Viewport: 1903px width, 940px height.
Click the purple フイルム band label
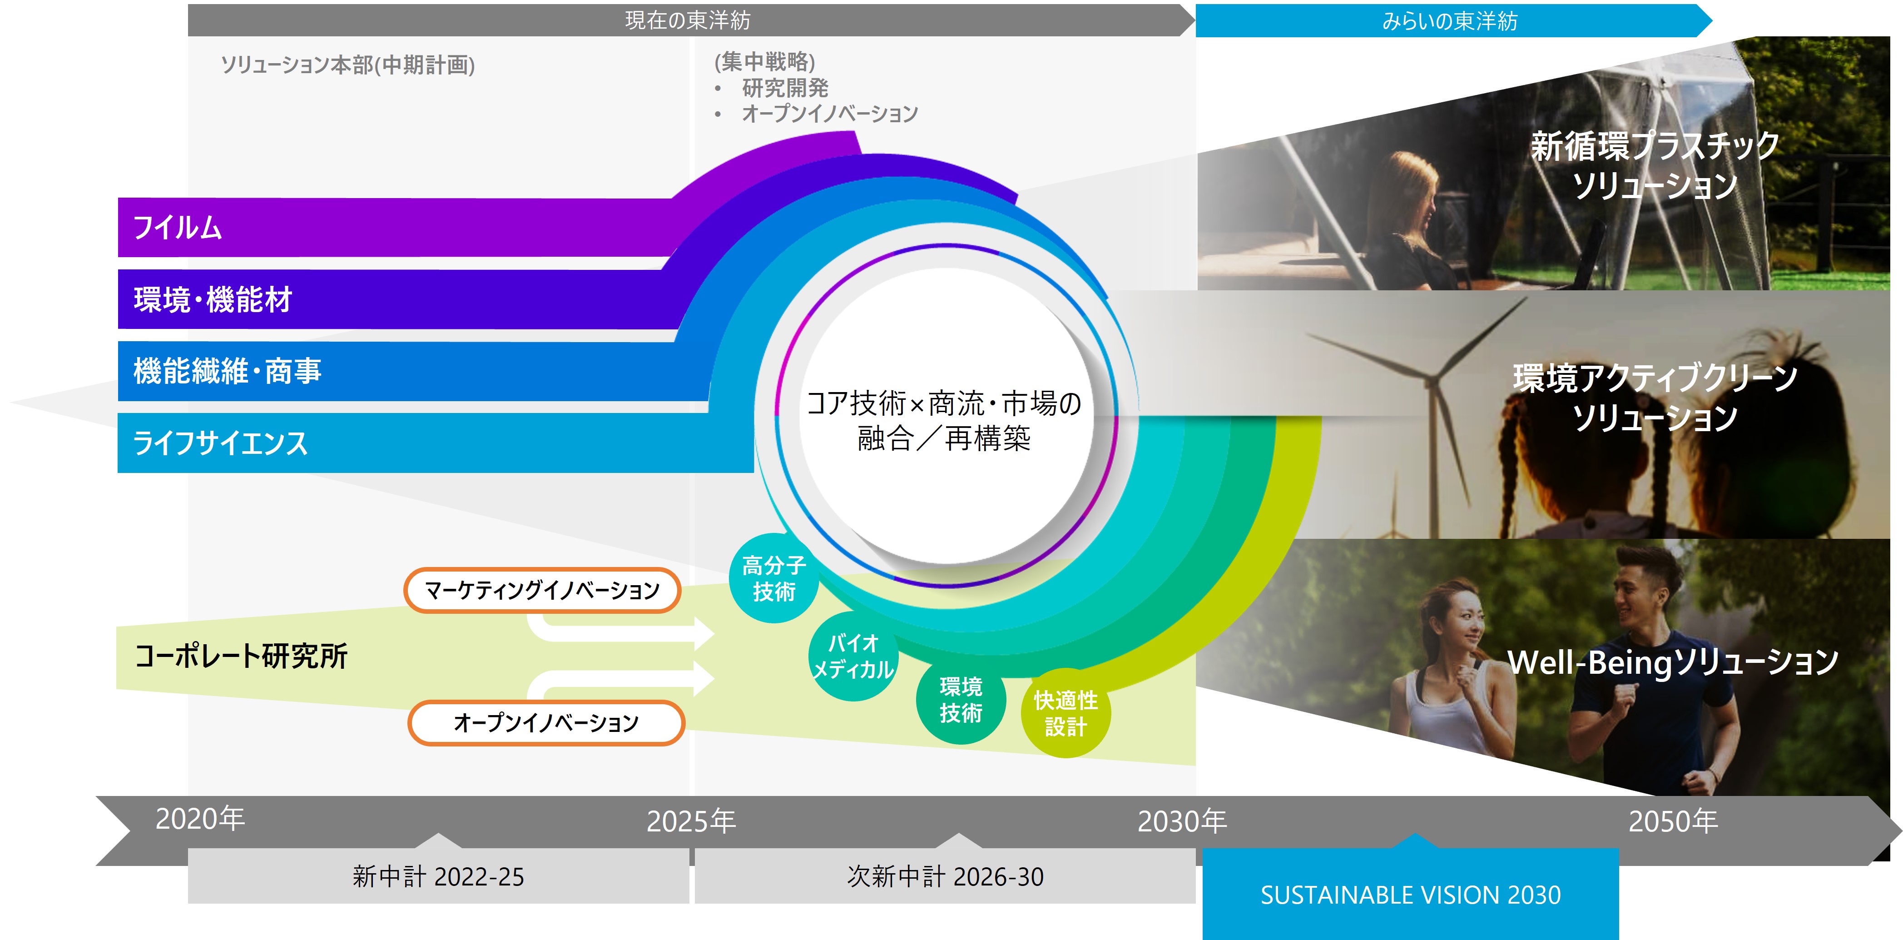177,228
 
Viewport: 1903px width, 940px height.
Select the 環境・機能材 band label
213,300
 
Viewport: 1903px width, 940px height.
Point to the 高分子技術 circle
773,578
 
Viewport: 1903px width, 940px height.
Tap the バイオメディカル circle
853,656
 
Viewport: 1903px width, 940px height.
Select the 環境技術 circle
961,700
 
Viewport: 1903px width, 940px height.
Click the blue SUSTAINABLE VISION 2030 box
1410,894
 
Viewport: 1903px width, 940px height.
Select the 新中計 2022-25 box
438,876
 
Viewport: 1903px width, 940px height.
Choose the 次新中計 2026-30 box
945,876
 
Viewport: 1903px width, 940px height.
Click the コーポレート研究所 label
241,656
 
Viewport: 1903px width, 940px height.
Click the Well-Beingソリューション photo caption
1673,662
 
